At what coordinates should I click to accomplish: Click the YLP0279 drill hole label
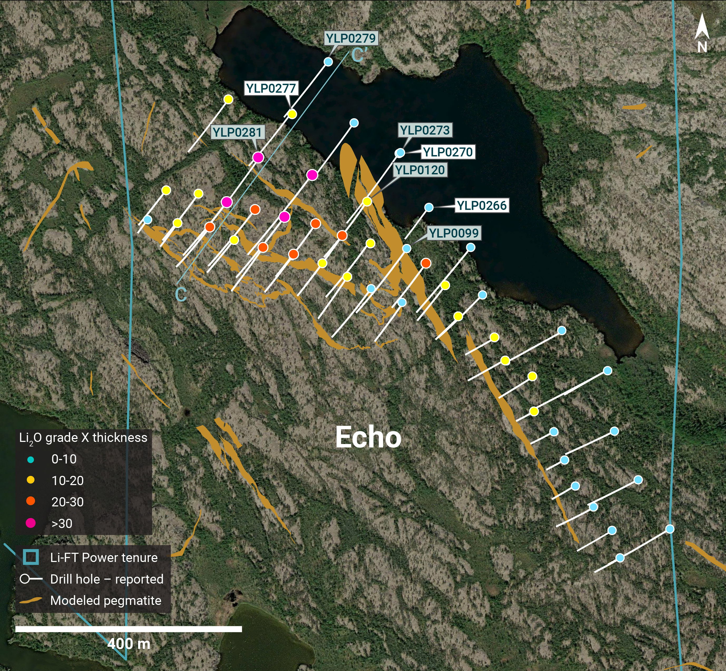point(351,38)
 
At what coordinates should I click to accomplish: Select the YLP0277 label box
point(271,88)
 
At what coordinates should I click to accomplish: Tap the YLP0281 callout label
point(237,132)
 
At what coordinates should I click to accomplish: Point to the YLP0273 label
point(425,130)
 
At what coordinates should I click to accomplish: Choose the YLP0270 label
point(448,152)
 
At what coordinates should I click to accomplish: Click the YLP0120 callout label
point(420,170)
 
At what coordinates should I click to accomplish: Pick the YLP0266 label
point(481,205)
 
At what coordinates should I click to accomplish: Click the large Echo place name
point(368,437)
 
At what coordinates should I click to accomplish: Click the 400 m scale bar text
point(129,644)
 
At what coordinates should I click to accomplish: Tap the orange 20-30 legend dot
point(31,501)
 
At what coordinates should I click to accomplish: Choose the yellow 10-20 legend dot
point(31,480)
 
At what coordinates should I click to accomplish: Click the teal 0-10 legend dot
point(31,459)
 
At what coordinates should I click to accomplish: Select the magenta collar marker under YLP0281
point(258,157)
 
